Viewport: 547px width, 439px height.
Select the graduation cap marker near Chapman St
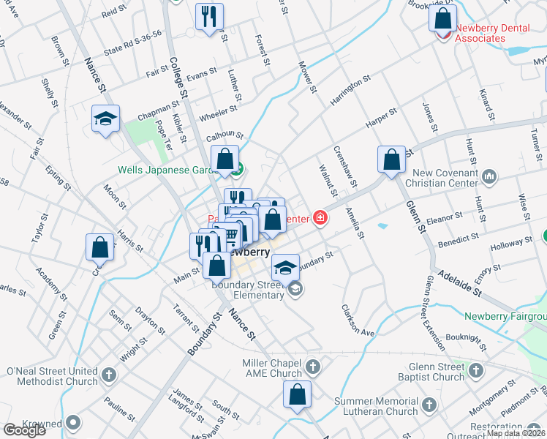tap(105, 119)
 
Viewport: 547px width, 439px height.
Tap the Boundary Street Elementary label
tap(248, 290)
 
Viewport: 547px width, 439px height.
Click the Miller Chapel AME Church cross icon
tap(312, 366)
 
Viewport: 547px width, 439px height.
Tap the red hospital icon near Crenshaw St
tap(320, 217)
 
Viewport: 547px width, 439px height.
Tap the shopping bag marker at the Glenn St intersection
tap(391, 160)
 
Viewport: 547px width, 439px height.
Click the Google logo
tap(24, 430)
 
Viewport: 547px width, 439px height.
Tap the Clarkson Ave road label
tap(358, 319)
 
